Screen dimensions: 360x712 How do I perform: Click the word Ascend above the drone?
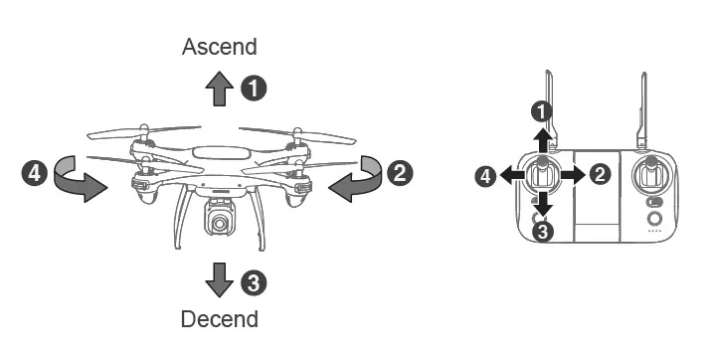coord(219,47)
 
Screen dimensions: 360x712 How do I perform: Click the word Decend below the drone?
coord(219,319)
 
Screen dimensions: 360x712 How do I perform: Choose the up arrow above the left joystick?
coord(542,137)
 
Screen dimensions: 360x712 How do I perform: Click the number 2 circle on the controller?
coord(600,174)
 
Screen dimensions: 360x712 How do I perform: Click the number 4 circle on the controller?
coord(486,176)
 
